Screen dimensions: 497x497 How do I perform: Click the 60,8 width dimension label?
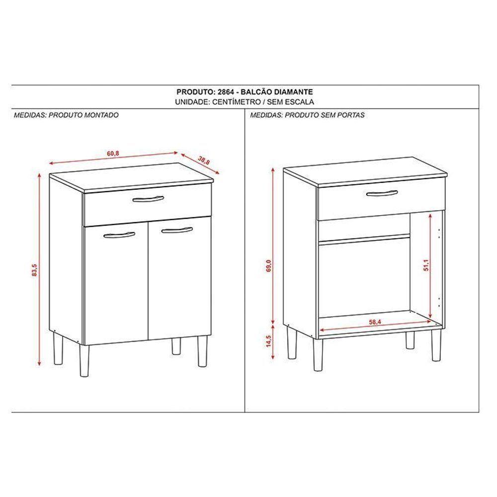tap(113, 153)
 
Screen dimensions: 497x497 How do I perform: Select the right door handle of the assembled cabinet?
tap(176, 230)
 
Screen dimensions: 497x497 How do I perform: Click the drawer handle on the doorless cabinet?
tap(381, 193)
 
